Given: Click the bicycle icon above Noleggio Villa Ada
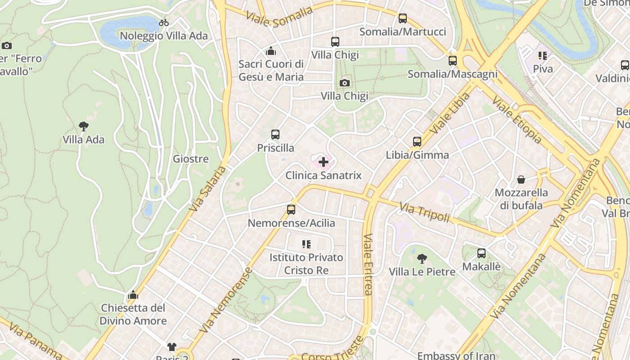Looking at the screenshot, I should (x=164, y=22).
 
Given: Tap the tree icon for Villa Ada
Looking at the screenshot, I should (x=83, y=126).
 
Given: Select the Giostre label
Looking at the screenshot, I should (x=191, y=159).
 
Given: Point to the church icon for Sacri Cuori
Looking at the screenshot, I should (x=271, y=51).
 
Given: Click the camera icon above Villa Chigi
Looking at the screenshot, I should (x=345, y=83).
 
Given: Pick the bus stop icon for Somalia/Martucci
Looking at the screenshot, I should (x=403, y=18).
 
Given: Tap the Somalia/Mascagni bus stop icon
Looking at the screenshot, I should (x=453, y=60).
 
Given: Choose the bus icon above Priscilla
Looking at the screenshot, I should (x=275, y=135).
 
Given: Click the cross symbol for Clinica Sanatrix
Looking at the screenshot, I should (x=324, y=162).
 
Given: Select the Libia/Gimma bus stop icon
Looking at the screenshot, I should (x=417, y=142).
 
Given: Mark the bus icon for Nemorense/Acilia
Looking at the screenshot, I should (x=291, y=210).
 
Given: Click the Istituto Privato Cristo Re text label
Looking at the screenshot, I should (x=306, y=264).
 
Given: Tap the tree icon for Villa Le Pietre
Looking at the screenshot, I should (x=422, y=258).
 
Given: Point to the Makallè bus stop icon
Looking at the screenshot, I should (x=481, y=253).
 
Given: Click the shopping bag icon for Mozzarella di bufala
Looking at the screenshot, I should (x=521, y=180).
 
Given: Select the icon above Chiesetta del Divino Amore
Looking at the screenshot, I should (x=133, y=295).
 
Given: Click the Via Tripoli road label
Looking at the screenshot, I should (x=424, y=213).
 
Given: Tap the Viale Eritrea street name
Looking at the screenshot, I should (x=368, y=265).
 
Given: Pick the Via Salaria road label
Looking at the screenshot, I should (x=208, y=189).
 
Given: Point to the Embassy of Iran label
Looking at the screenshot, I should (x=456, y=355).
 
